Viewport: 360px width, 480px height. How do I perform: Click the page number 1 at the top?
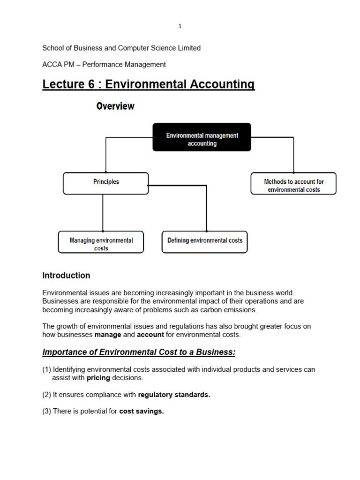tap(180, 26)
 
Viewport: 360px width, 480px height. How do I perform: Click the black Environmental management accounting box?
tap(202, 137)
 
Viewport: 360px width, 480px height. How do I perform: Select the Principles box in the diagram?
tap(106, 183)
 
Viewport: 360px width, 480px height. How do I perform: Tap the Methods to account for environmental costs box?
tap(293, 183)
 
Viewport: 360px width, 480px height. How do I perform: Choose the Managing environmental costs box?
tap(101, 242)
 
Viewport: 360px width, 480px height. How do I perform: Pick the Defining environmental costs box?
tap(204, 242)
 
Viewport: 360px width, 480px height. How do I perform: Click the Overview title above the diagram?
tap(115, 106)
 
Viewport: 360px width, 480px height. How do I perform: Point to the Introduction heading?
tap(66, 276)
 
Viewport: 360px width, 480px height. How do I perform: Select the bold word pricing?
tap(98, 378)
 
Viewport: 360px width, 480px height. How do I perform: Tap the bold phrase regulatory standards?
tap(174, 395)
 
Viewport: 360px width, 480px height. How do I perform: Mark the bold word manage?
tap(108, 335)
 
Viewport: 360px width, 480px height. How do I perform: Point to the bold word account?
tap(150, 335)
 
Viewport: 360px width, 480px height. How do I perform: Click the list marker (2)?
tap(46, 395)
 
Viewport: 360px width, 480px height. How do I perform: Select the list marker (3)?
tap(46, 412)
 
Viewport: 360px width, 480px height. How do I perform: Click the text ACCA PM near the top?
tap(56, 65)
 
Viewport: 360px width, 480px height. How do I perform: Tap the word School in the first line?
tap(52, 48)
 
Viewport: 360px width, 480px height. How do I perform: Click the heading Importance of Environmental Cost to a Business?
tap(139, 352)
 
